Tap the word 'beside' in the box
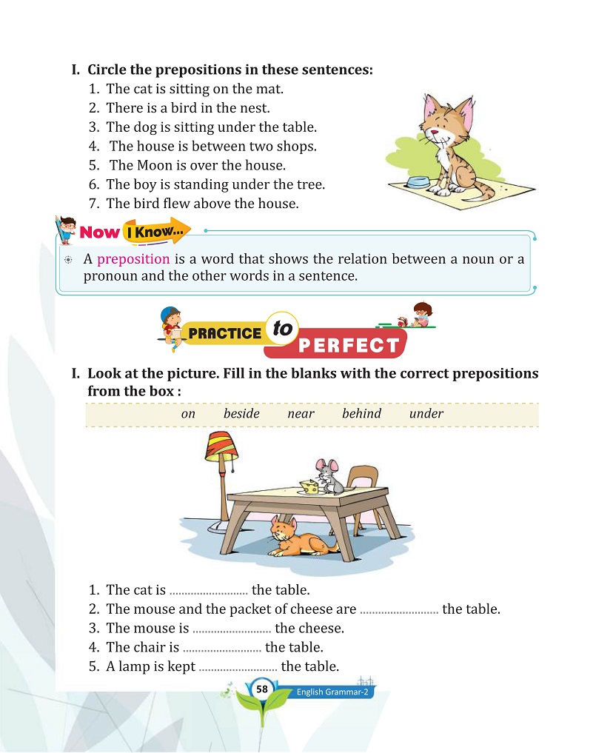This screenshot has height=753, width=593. tap(241, 414)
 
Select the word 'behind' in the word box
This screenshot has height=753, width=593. tap(361, 414)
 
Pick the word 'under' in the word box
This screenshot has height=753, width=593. tap(426, 414)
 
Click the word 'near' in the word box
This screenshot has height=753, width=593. tap(301, 414)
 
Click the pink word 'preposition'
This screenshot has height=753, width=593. tap(133, 259)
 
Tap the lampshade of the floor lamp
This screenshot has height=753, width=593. tap(220, 446)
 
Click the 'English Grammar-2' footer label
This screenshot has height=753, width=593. tap(332, 692)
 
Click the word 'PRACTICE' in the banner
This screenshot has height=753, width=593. tap(225, 333)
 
